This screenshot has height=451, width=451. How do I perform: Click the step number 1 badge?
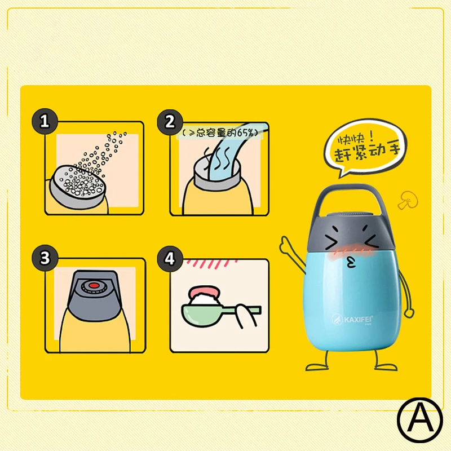(45, 121)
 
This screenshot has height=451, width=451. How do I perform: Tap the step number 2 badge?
(170, 122)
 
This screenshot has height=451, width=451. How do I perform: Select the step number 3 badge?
(45, 258)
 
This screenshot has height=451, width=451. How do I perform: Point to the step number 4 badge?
(170, 259)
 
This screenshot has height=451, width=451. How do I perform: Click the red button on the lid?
(94, 286)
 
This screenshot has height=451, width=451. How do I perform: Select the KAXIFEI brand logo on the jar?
(352, 319)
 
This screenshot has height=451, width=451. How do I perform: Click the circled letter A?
(420, 420)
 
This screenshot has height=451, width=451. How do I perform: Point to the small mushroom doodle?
(408, 200)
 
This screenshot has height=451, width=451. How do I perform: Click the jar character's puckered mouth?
(351, 262)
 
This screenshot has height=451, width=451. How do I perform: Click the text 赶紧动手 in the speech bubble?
(367, 152)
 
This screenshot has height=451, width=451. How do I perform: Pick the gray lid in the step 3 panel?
(94, 295)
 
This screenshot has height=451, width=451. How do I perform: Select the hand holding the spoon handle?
(245, 316)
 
